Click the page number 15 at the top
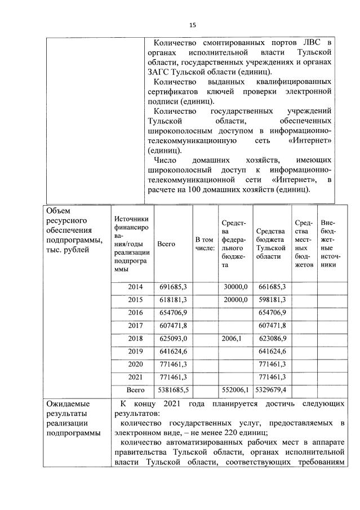(x=192, y=25)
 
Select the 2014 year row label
(x=135, y=287)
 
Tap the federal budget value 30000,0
(x=235, y=287)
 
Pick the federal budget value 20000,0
(x=235, y=299)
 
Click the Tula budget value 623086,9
(x=272, y=338)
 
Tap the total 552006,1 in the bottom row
(x=235, y=390)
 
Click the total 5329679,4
(x=272, y=390)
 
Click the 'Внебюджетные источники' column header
(x=327, y=243)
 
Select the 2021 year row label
(x=135, y=377)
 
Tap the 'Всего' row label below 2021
(x=135, y=390)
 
